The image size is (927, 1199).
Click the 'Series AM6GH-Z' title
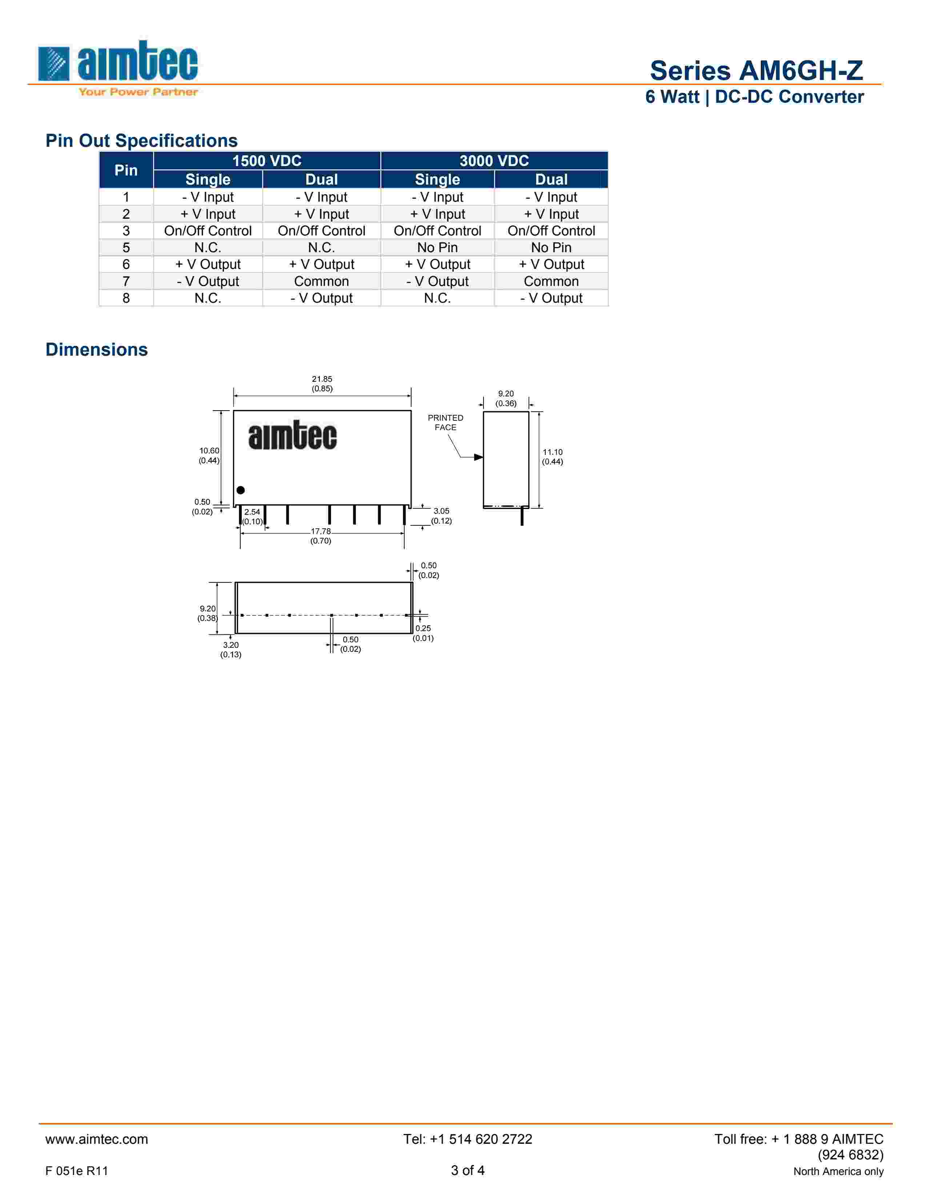click(x=756, y=70)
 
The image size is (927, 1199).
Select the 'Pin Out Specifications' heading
click(x=141, y=141)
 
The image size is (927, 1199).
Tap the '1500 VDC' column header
click(x=267, y=161)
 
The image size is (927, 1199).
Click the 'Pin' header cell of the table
click(x=126, y=170)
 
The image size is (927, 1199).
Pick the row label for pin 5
click(x=126, y=247)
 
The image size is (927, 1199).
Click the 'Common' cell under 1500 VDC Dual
click(x=321, y=281)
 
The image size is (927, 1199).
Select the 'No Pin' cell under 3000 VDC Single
click(x=437, y=247)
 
